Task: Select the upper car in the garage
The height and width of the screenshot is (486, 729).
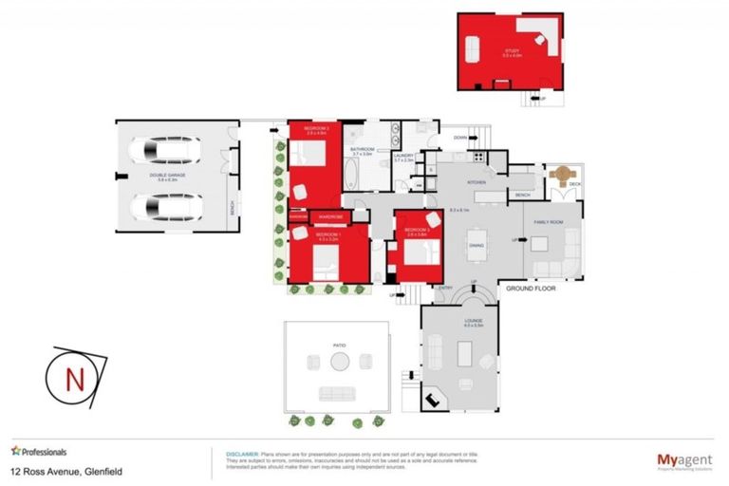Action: click(x=167, y=150)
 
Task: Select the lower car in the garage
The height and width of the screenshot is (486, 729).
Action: click(x=167, y=205)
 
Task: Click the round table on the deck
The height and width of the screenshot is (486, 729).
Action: click(x=562, y=176)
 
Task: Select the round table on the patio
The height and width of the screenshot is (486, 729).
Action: click(x=339, y=361)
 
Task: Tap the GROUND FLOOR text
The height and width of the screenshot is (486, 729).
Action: click(x=531, y=287)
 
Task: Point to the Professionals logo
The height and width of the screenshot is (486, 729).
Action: click(x=40, y=451)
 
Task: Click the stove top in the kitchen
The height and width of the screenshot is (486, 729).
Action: click(x=479, y=156)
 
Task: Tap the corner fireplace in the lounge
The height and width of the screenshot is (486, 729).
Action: click(x=435, y=400)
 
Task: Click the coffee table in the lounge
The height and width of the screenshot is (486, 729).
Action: click(x=465, y=354)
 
